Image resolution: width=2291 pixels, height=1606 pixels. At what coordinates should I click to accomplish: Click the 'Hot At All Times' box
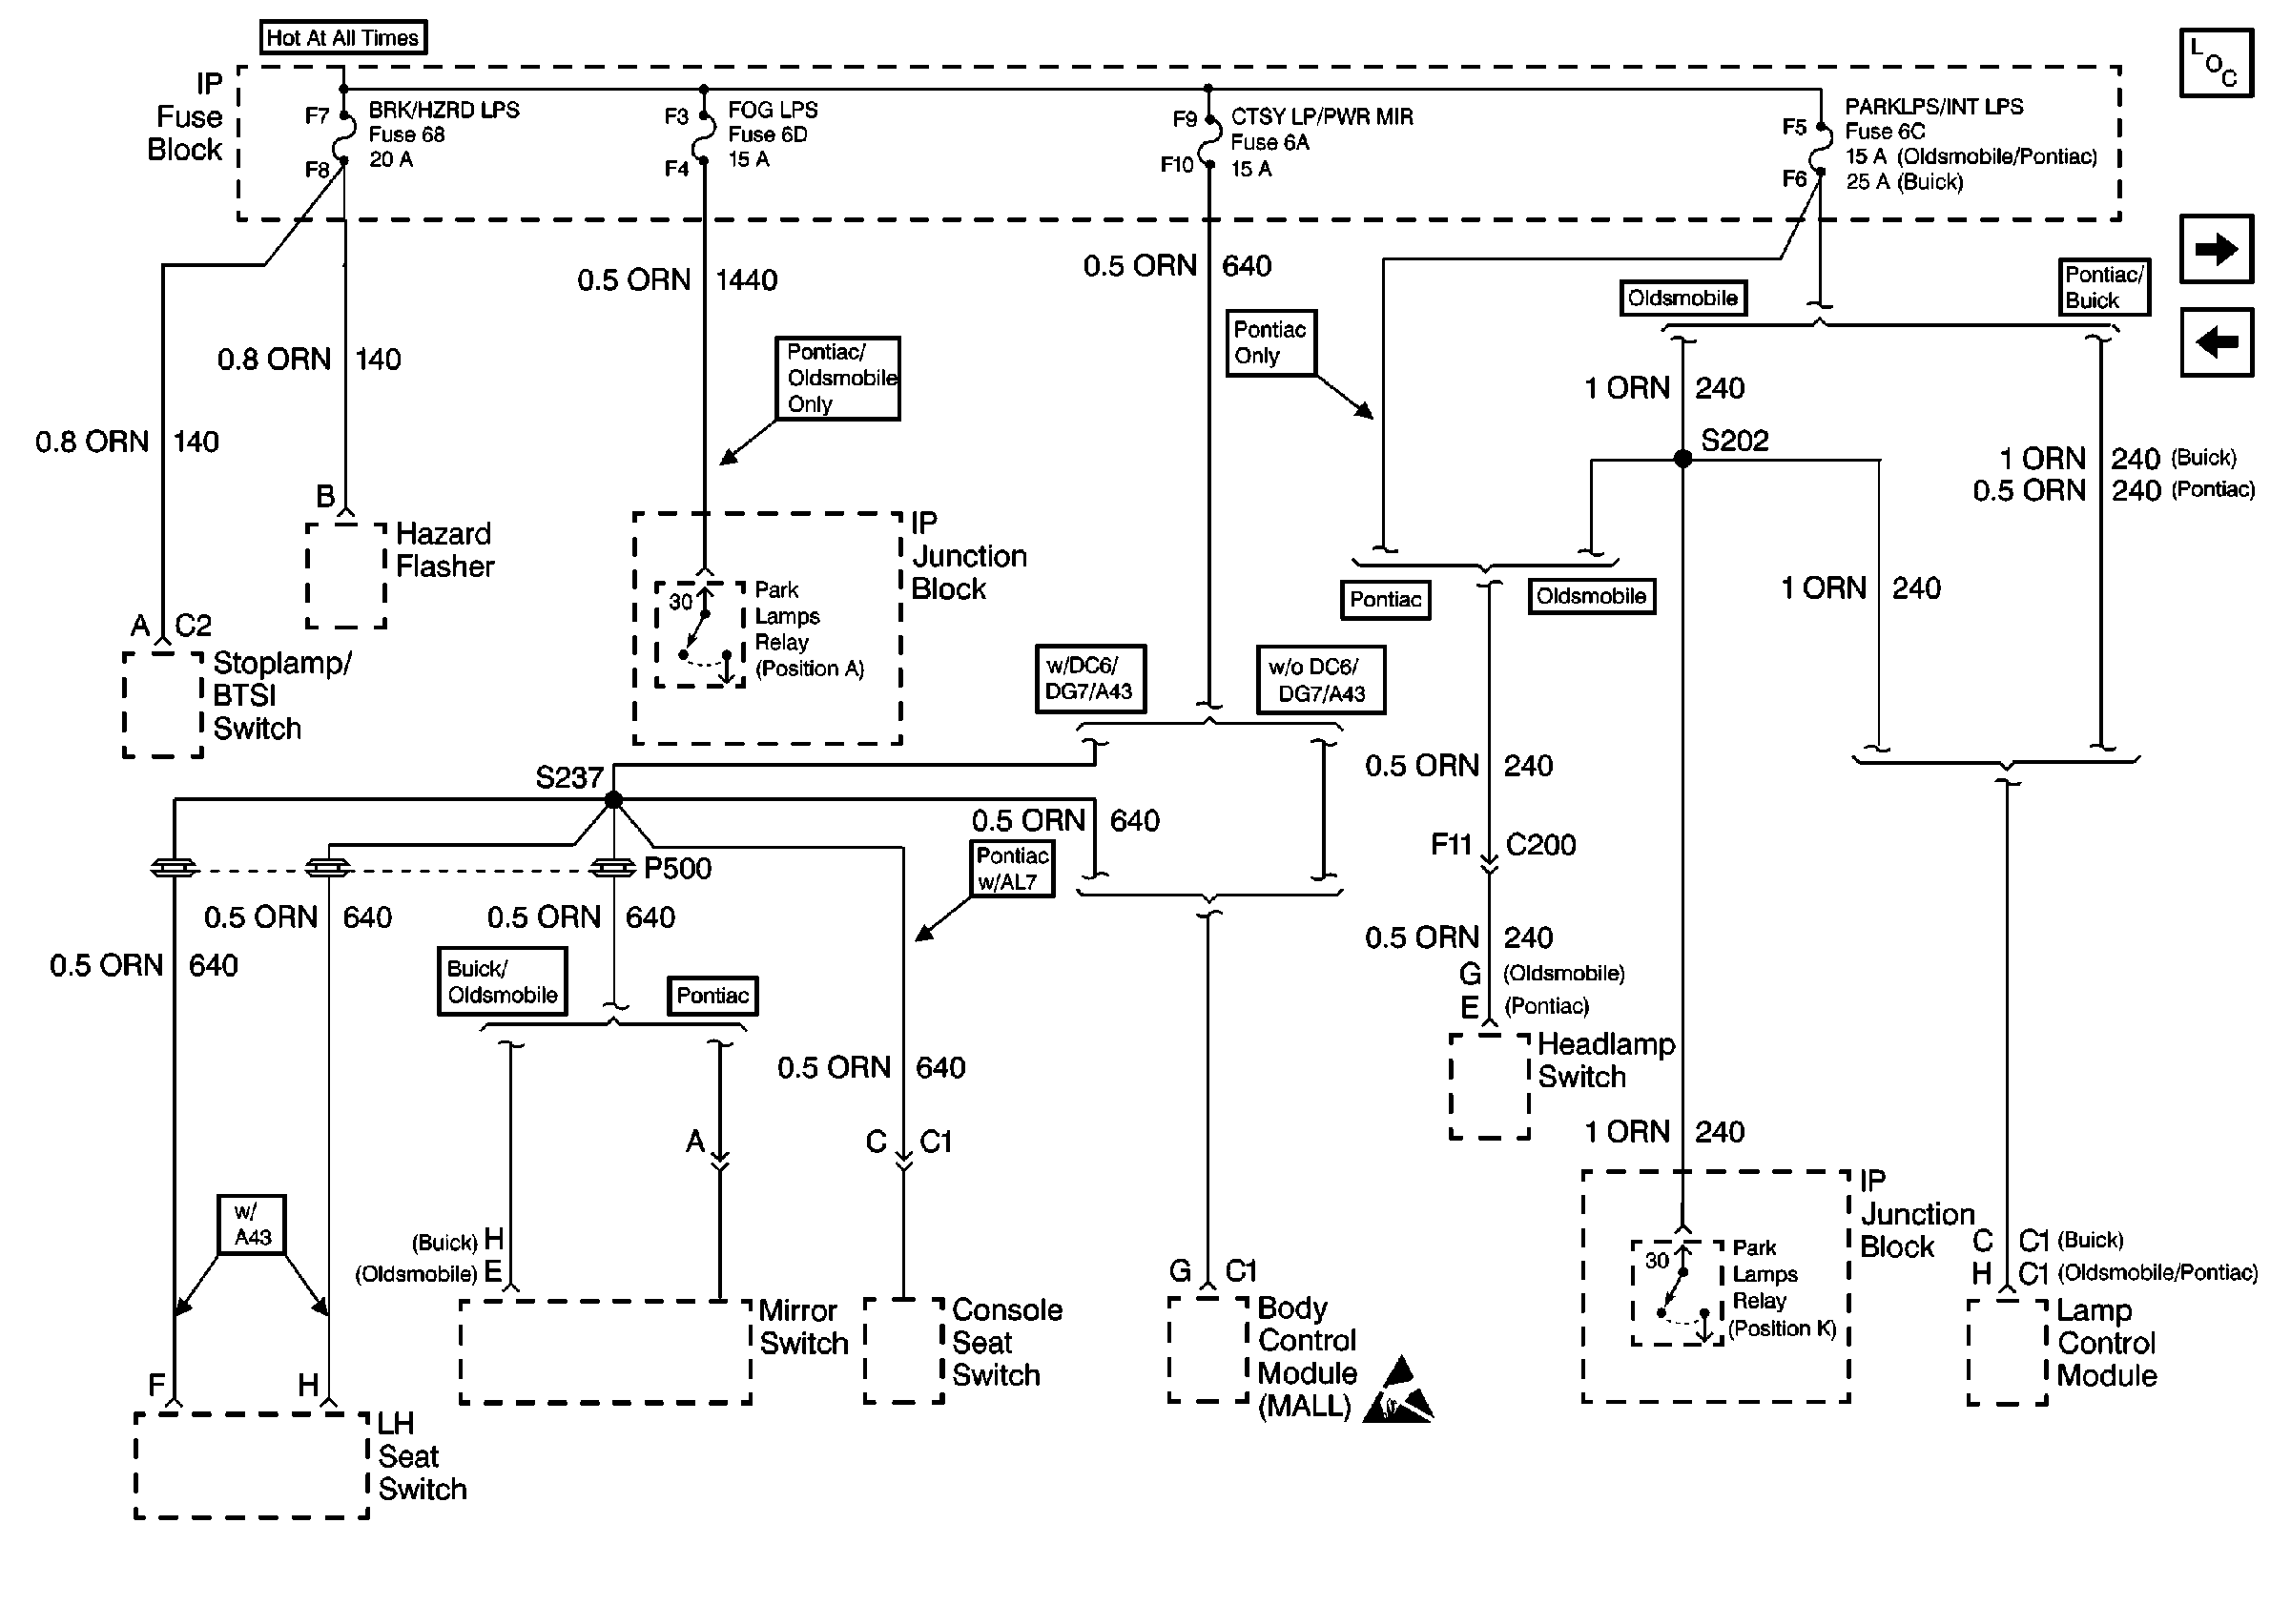coord(342,38)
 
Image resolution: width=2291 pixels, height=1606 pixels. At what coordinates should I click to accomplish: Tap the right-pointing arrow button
coord(2217,248)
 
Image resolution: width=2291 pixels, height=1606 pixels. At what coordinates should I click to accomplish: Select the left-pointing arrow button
coord(2217,342)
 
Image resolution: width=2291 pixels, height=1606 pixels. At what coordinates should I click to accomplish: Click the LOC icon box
coord(2215,63)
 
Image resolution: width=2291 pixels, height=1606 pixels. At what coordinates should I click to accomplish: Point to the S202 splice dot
coord(1682,459)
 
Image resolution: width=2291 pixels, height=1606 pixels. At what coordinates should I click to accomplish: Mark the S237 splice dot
coord(613,799)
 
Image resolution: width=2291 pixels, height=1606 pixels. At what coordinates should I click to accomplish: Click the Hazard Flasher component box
coord(345,576)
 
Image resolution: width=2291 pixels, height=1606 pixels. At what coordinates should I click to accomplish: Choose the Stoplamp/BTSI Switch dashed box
coord(163,704)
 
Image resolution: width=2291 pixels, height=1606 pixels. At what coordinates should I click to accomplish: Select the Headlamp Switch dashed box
coord(1489,1086)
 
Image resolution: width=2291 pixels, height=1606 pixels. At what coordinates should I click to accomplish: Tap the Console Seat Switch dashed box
coord(903,1350)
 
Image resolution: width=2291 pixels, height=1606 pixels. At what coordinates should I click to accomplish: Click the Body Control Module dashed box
coord(1207,1349)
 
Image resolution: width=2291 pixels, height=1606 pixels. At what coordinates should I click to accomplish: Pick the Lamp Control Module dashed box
coord(2007,1351)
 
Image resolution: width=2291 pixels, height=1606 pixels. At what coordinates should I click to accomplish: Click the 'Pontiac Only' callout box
coord(1270,342)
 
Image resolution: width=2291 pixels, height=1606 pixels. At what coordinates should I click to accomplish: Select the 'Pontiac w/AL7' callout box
coord(1012,869)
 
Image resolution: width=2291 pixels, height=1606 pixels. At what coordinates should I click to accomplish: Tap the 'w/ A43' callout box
coord(252,1224)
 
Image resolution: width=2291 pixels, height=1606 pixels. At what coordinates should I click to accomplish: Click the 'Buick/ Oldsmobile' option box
coord(502,981)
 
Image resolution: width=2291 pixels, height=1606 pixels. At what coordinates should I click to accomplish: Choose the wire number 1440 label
coord(747,280)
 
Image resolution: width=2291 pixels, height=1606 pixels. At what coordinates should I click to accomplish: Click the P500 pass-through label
coord(677,869)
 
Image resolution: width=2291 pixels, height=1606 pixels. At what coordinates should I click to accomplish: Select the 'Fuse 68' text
coord(406,134)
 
